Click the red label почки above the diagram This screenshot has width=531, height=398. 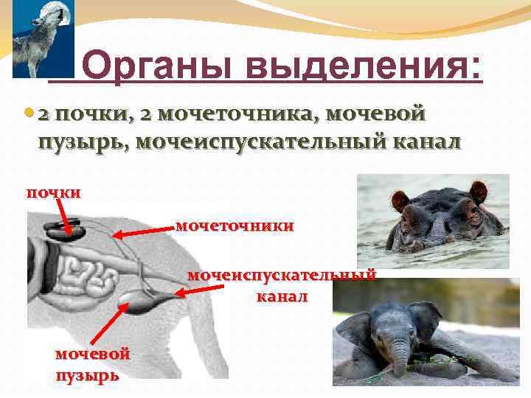[53, 192]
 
